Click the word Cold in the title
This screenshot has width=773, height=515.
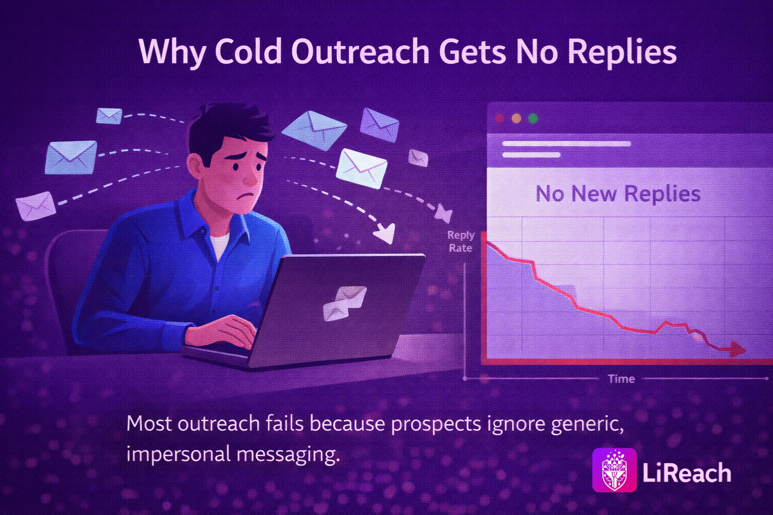[x=248, y=51]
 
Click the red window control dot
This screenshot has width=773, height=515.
[x=499, y=118]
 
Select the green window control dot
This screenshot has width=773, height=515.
[x=533, y=118]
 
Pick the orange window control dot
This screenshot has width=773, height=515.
[x=516, y=118]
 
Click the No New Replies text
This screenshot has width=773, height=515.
[x=617, y=194]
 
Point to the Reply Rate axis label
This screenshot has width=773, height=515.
[x=460, y=241]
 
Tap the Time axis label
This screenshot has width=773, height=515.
[x=622, y=379]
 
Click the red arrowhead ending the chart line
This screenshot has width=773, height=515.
[x=737, y=350]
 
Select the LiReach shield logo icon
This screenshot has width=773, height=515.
[x=614, y=470]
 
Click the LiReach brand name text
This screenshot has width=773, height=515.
[x=687, y=473]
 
